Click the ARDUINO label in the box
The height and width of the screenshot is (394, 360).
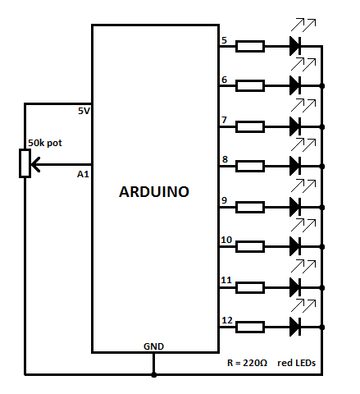pyautogui.click(x=154, y=191)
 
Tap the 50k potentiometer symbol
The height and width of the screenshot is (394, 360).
pyautogui.click(x=25, y=163)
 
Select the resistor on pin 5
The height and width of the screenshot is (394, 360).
pyautogui.click(x=250, y=46)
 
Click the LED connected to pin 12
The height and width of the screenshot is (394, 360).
pyautogui.click(x=295, y=327)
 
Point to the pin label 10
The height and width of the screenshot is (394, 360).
pyautogui.click(x=226, y=240)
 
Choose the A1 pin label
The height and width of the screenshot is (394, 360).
pyautogui.click(x=83, y=174)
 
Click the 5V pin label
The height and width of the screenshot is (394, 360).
pyautogui.click(x=84, y=111)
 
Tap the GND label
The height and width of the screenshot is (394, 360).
pyautogui.click(x=153, y=346)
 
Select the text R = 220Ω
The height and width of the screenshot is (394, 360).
pyautogui.click(x=247, y=363)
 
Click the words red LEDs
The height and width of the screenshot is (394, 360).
pyautogui.click(x=297, y=363)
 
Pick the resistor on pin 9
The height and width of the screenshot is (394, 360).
pyautogui.click(x=250, y=207)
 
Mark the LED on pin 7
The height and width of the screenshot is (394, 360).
pyautogui.click(x=295, y=126)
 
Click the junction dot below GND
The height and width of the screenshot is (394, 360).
pyautogui.click(x=154, y=374)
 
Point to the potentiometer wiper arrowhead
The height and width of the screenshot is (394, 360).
pyautogui.click(x=35, y=164)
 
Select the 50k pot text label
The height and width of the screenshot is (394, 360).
pyautogui.click(x=45, y=143)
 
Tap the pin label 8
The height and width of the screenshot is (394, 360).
pyautogui.click(x=225, y=159)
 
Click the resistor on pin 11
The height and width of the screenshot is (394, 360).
pyautogui.click(x=250, y=287)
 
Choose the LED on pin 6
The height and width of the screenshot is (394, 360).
pyautogui.click(x=295, y=85)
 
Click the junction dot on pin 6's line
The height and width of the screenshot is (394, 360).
pyautogui.click(x=322, y=86)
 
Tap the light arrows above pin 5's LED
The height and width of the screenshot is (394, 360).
pyautogui.click(x=303, y=25)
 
